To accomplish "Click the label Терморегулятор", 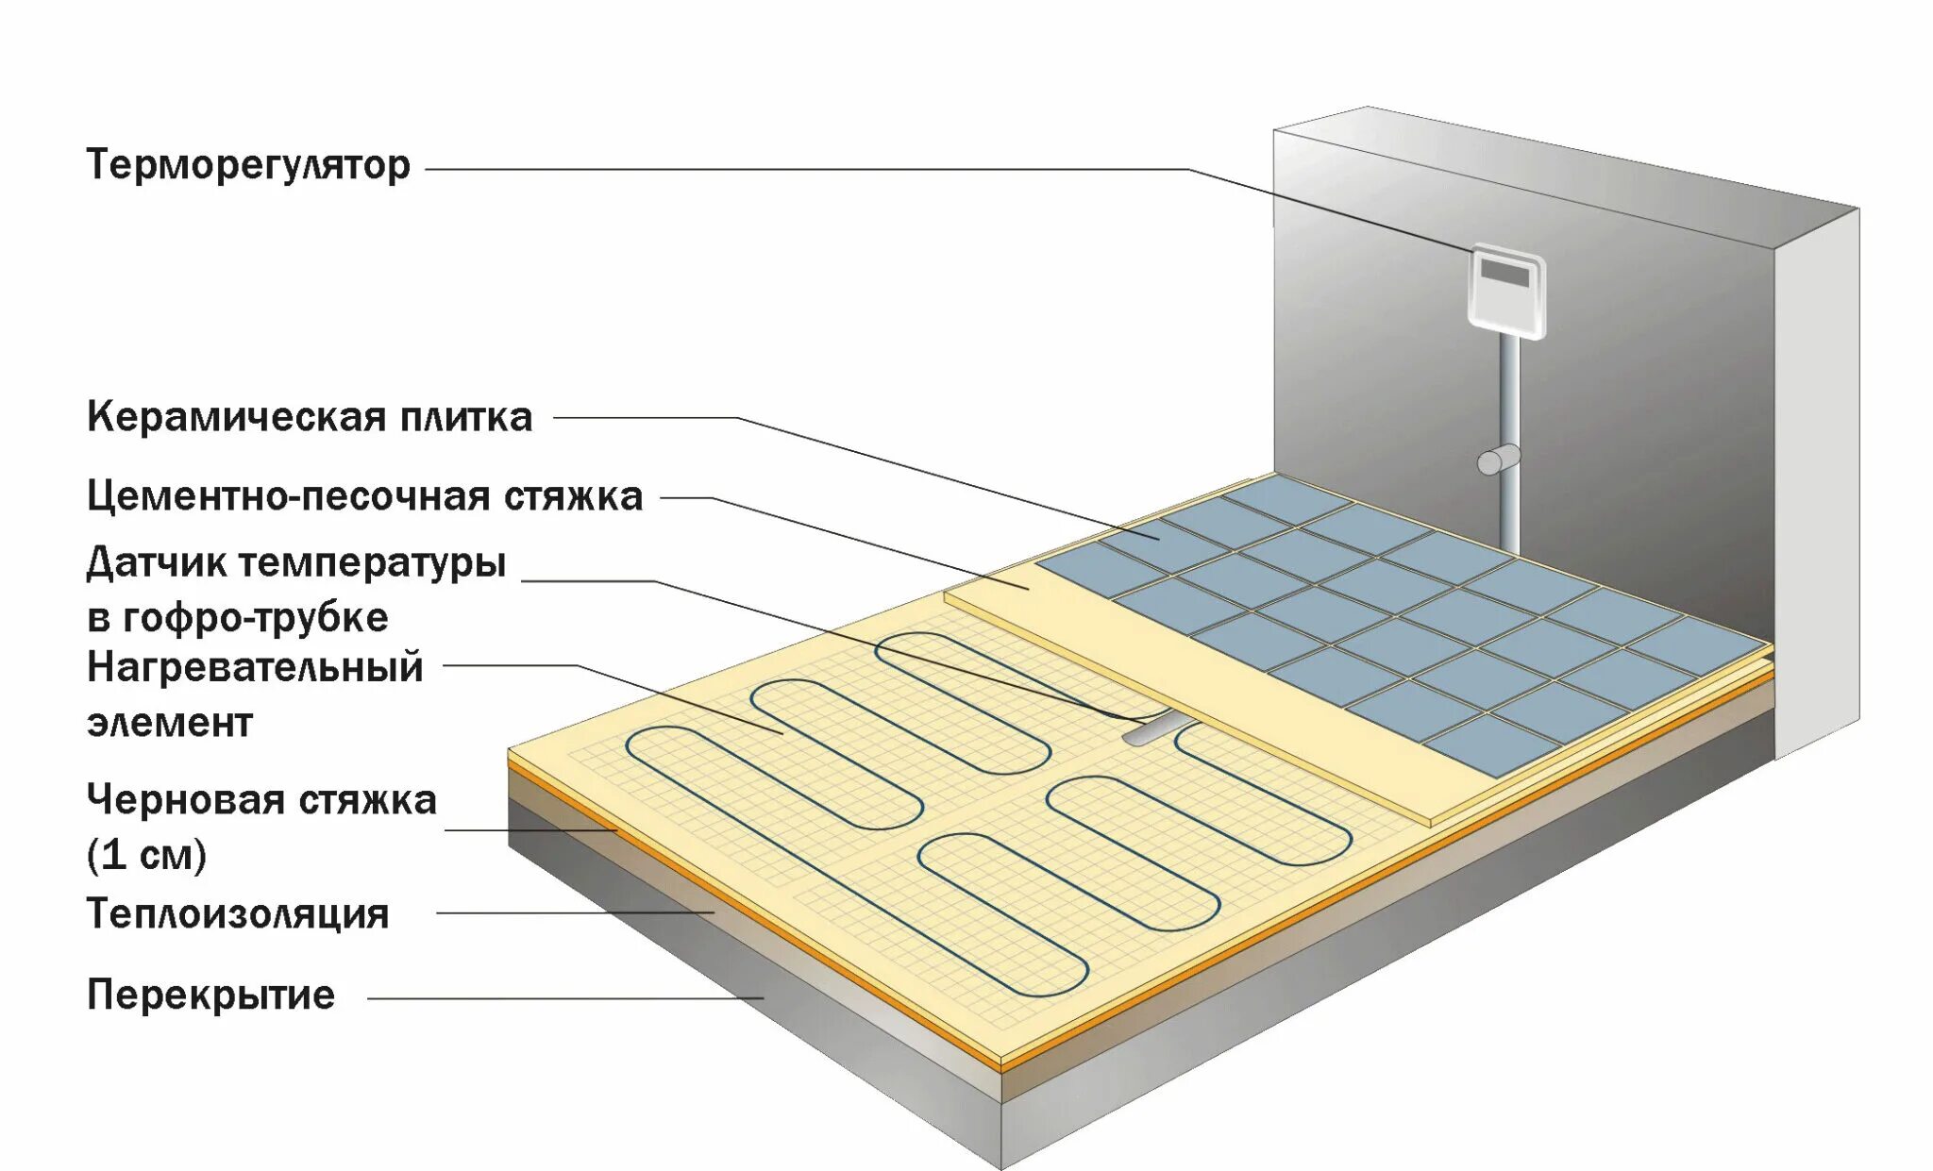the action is point(248,166).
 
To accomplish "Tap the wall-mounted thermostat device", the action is point(1505,291).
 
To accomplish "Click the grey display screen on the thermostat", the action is point(1504,273).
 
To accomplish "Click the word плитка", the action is point(466,417).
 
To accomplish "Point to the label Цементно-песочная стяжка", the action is point(364,496).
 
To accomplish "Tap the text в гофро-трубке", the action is point(237,618).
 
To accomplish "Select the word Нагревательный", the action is point(255,668).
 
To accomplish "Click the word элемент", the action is point(170,724).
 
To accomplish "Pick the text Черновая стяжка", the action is point(261,800).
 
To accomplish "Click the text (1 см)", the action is point(146,855).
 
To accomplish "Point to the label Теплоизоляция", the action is point(237,913).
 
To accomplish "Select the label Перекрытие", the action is point(210,995).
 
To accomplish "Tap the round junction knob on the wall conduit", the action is point(1496,460).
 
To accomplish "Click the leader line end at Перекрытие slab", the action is point(761,997).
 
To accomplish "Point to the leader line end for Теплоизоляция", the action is point(713,912).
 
